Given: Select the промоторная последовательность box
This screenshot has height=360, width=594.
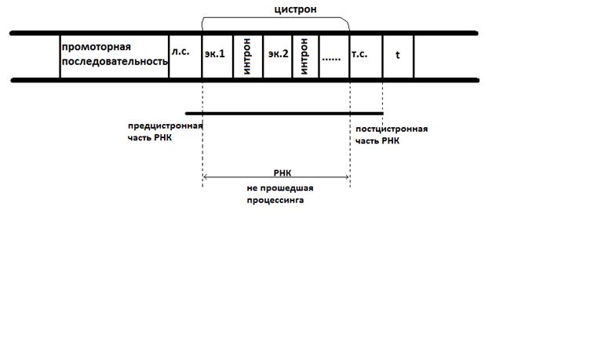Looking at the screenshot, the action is click(x=114, y=56).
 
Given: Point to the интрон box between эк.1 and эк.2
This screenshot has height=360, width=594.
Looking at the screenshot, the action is click(x=248, y=56).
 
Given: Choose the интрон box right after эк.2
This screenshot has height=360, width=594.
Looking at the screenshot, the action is click(x=305, y=56).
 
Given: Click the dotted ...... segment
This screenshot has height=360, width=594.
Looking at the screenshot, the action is click(x=333, y=56).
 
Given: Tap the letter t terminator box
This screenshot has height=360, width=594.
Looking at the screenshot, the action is click(x=398, y=56).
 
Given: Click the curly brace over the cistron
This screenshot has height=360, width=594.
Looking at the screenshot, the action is click(x=275, y=21).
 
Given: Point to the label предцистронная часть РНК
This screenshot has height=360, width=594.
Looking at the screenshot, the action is click(x=165, y=132).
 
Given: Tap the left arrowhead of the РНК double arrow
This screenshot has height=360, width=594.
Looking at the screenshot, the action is click(x=205, y=178).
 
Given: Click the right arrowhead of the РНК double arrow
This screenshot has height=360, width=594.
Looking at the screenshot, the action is click(x=347, y=178).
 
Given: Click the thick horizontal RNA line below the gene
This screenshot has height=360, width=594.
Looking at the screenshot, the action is click(x=283, y=113).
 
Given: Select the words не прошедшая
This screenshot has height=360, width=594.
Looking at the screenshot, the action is click(x=275, y=188).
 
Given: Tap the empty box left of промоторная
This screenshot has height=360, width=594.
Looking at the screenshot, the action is click(x=36, y=56).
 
